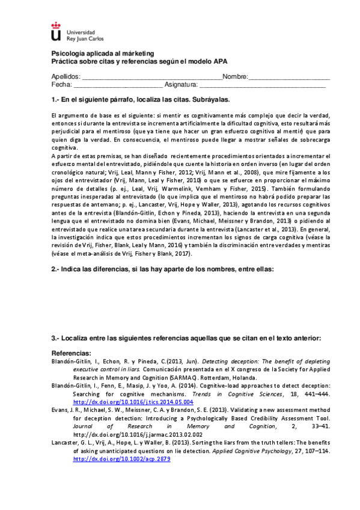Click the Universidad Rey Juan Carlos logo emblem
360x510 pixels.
click(56, 31)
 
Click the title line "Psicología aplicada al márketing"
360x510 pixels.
click(103, 54)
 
